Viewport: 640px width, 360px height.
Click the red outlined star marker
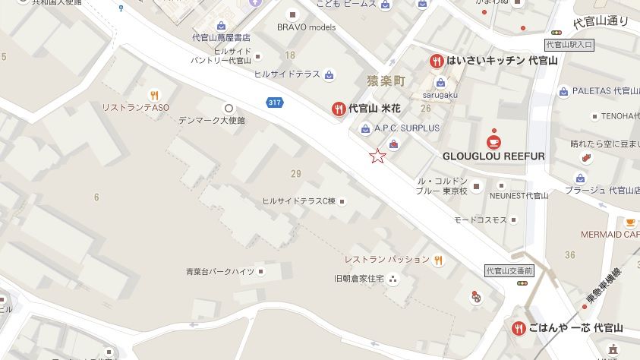(x=377, y=156)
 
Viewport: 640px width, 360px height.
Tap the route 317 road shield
(x=274, y=103)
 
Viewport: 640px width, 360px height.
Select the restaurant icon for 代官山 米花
(x=339, y=109)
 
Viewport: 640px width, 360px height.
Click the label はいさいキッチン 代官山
(x=502, y=61)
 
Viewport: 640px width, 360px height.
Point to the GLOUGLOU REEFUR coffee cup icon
(x=493, y=141)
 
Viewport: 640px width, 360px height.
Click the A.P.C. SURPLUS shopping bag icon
(x=366, y=128)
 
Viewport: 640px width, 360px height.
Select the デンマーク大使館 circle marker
(x=229, y=108)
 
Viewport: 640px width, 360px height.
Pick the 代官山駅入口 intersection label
(x=569, y=45)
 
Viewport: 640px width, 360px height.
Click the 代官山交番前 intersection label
(x=509, y=270)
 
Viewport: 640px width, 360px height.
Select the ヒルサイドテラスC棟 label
(x=298, y=201)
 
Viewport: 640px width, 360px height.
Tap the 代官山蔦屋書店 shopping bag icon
(x=221, y=25)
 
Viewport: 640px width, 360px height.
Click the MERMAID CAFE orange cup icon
(x=630, y=222)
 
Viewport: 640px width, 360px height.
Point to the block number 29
(x=296, y=174)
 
